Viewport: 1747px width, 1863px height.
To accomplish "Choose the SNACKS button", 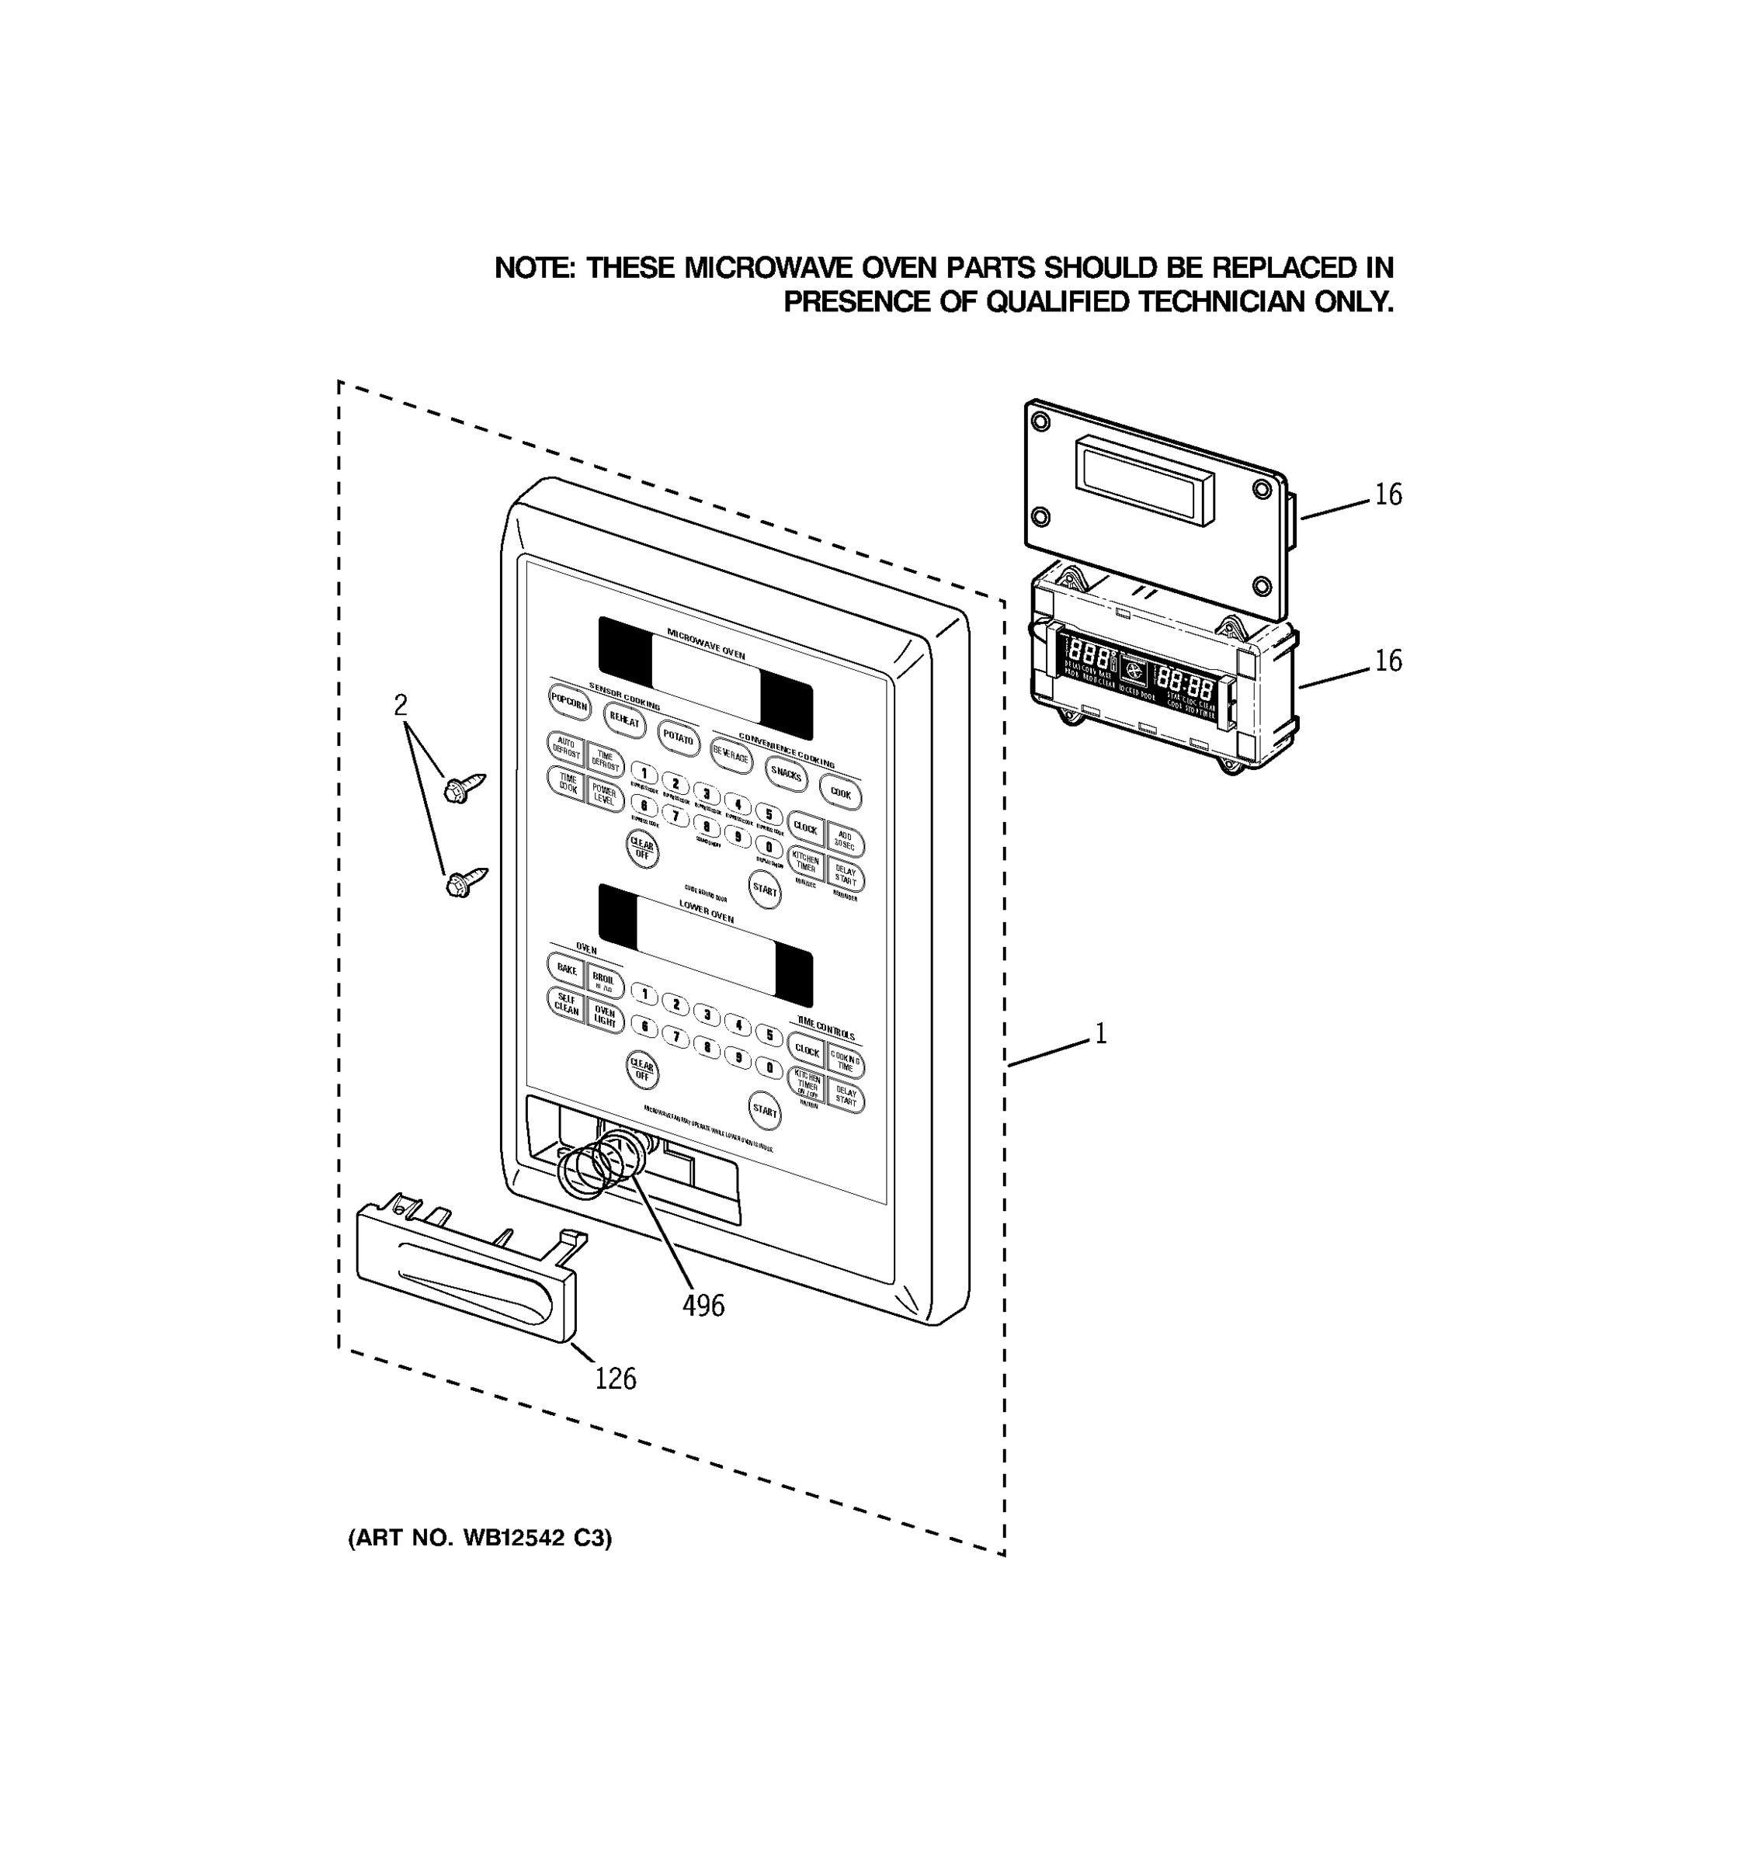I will coord(786,774).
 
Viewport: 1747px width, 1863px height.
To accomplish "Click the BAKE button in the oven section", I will coord(566,969).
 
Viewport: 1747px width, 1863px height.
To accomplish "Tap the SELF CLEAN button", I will coord(566,1004).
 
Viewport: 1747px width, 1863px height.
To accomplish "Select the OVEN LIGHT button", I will coord(605,1017).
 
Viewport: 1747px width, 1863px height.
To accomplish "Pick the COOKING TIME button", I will coord(846,1063).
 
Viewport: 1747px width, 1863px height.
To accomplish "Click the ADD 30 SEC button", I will coord(845,841).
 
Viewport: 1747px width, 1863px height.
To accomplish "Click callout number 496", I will coord(703,1306).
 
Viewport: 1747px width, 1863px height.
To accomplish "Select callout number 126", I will coord(615,1379).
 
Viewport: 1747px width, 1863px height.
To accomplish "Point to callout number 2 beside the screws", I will coord(400,705).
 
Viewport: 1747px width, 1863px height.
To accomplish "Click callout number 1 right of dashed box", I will coord(1100,1034).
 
